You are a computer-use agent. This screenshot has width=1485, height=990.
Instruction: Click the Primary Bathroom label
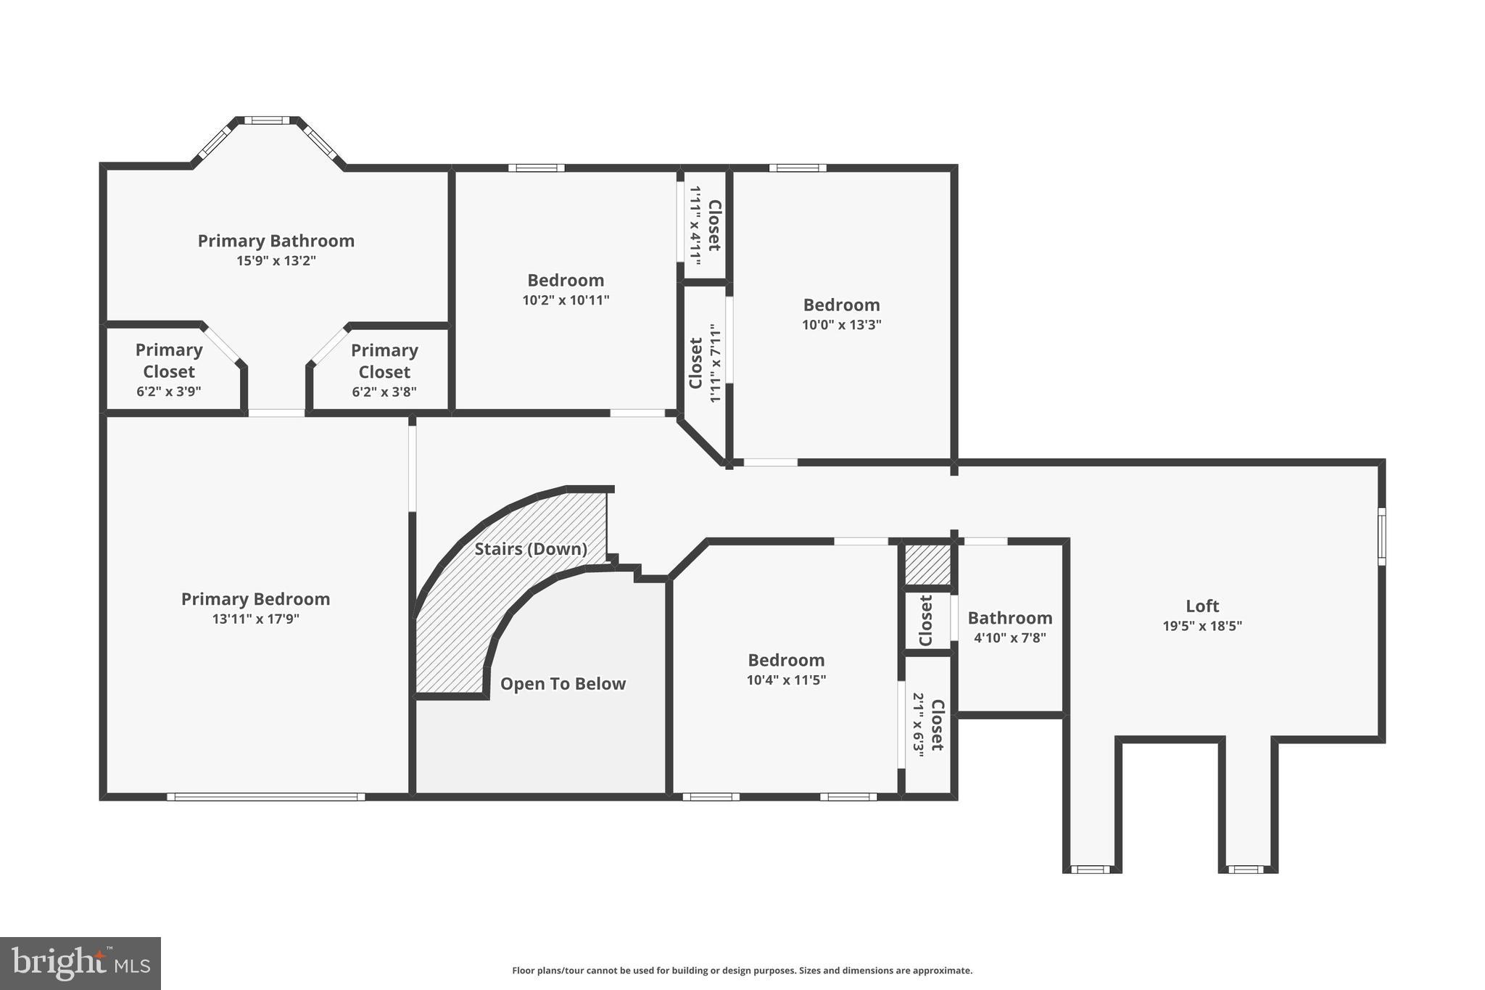tap(276, 241)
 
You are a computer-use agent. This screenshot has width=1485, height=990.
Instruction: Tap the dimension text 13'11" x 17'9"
tap(255, 619)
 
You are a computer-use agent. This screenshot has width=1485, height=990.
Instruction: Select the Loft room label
tap(1201, 606)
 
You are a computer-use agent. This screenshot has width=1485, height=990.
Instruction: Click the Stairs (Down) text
tap(531, 549)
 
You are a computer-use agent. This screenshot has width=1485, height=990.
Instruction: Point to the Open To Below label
tap(563, 684)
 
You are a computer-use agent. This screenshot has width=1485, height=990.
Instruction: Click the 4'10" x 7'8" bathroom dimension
tap(1009, 638)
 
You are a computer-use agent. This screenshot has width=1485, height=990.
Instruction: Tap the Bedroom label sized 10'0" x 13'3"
tap(841, 305)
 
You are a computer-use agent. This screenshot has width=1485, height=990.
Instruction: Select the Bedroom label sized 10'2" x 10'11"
tap(566, 281)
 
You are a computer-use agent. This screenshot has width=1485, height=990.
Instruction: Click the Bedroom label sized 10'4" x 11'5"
tap(786, 661)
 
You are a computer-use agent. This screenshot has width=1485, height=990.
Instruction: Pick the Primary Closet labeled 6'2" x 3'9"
tap(169, 361)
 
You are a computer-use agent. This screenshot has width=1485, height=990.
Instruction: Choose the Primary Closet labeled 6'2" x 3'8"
tap(384, 361)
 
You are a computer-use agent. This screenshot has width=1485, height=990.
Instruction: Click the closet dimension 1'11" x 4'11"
tap(695, 225)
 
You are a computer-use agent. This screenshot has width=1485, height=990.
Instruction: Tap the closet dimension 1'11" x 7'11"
tap(716, 363)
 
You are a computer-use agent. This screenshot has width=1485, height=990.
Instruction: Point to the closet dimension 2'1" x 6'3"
tap(918, 725)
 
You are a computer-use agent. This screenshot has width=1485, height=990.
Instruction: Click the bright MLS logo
tap(80, 963)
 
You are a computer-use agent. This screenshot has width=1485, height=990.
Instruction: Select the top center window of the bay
tap(267, 120)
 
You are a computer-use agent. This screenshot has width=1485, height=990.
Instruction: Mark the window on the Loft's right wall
tap(1381, 536)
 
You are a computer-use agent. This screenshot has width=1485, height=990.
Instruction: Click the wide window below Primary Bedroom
tap(266, 796)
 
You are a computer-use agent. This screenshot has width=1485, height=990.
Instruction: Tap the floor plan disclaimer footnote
tap(742, 970)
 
